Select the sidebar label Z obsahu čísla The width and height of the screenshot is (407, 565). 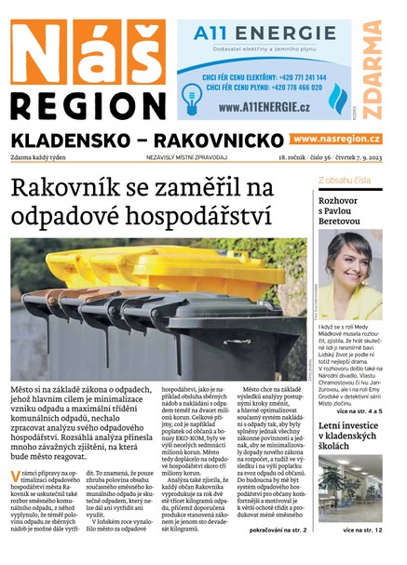(x=345, y=180)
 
